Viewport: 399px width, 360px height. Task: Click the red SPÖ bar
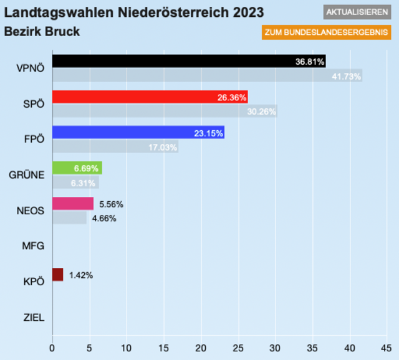[150, 97]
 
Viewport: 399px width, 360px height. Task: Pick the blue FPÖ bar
[138, 132]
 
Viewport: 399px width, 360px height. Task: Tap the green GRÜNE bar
[77, 168]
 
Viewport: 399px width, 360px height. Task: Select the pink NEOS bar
[73, 204]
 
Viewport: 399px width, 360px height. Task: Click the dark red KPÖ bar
[57, 275]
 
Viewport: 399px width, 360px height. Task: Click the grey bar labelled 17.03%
[115, 147]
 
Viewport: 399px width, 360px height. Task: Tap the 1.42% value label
[80, 275]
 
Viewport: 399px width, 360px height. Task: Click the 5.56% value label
[111, 204]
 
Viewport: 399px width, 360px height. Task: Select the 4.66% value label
[103, 218]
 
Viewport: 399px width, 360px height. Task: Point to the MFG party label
[33, 246]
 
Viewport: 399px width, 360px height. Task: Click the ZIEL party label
[34, 317]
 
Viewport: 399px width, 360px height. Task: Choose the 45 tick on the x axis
[386, 346]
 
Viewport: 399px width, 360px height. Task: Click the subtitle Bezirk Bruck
[42, 31]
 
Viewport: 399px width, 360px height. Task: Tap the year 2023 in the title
[243, 12]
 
